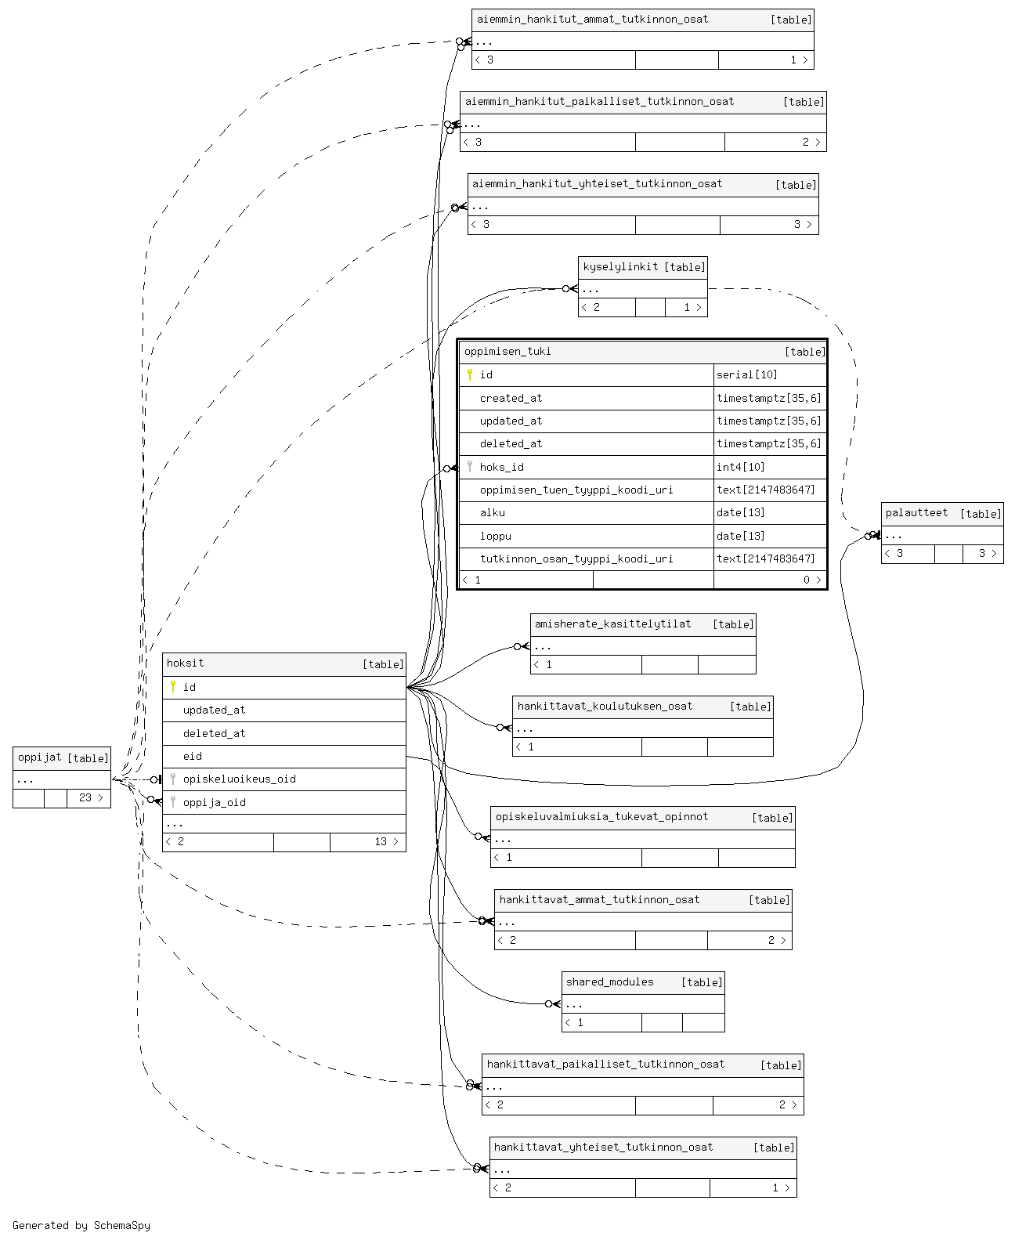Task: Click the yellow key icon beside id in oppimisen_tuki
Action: pos(470,374)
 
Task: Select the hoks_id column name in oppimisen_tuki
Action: pos(501,468)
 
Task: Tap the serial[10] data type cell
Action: pos(746,375)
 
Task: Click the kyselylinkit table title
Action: pos(620,267)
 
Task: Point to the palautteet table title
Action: pos(916,513)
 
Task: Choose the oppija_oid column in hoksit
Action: pos(214,803)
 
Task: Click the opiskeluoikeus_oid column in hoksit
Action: pos(239,779)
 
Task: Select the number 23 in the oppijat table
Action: pos(85,798)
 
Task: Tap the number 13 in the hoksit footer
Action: pos(381,842)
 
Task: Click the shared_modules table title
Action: pos(609,982)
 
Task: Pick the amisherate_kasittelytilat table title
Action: pos(612,624)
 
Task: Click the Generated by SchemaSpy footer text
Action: pos(81,1225)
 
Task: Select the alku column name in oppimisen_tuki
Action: pos(492,513)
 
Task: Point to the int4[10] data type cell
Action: pos(741,468)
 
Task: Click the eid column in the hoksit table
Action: pos(192,757)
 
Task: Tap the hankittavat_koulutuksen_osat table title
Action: pos(605,706)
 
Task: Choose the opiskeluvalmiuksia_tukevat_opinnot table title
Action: pos(601,817)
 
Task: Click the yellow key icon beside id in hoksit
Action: pos(173,687)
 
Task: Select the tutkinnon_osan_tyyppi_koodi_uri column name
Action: pos(576,559)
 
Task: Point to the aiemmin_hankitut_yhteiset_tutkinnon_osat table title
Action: pos(597,184)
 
